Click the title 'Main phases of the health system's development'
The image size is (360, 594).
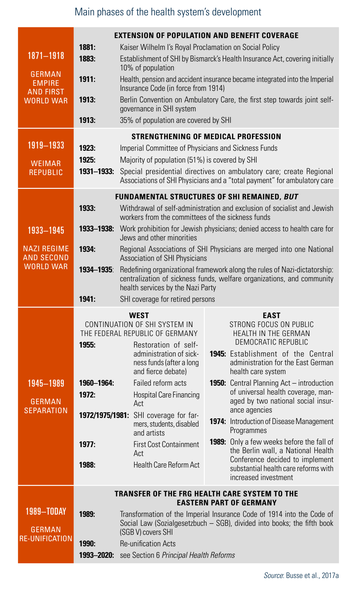[168, 12]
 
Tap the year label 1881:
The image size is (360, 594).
[87, 47]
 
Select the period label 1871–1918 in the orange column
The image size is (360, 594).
[46, 56]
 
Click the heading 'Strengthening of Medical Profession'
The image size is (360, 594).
[206, 137]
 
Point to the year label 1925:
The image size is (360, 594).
[87, 160]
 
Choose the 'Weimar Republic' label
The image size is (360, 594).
[46, 168]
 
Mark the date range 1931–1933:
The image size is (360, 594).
[96, 172]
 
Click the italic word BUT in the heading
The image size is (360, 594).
[291, 197]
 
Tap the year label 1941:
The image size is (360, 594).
[87, 299]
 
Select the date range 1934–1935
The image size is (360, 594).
[96, 270]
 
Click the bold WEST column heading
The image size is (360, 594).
[139, 316]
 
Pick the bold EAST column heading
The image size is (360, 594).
[271, 316]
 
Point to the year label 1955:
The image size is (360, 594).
[87, 345]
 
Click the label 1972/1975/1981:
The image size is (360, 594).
[104, 415]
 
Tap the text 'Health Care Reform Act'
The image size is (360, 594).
[166, 465]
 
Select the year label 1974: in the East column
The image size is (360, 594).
[218, 421]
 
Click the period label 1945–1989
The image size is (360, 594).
[46, 383]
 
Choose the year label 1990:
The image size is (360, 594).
[87, 544]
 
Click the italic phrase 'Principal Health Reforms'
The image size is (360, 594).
[198, 555]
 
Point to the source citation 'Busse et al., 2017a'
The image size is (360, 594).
[312, 575]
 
